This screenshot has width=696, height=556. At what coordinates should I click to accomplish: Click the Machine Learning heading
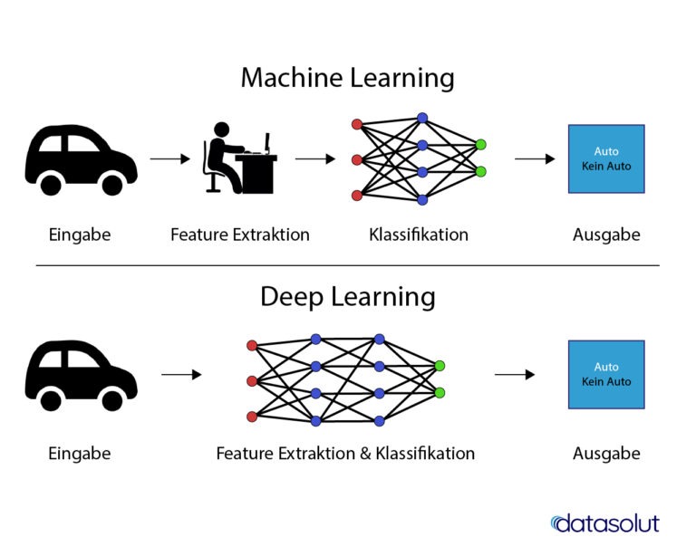click(x=347, y=78)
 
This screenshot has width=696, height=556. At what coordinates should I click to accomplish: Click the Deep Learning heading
click(x=347, y=297)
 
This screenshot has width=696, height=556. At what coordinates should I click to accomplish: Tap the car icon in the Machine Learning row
click(x=81, y=160)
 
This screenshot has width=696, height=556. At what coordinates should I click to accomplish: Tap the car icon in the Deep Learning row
click(x=81, y=377)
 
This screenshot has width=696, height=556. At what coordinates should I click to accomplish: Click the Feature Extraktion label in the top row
click(x=240, y=235)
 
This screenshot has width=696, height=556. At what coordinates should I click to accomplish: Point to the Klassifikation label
click(x=419, y=235)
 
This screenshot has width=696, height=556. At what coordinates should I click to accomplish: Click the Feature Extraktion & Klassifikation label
click(x=345, y=453)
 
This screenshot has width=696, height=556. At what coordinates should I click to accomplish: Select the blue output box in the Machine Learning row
click(x=606, y=158)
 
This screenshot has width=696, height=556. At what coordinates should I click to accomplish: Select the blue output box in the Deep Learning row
click(x=606, y=374)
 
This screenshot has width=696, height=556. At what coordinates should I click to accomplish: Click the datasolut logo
click(x=604, y=523)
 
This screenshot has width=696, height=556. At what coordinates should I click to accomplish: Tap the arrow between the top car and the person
click(x=169, y=159)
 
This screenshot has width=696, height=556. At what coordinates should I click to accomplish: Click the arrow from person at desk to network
click(x=315, y=159)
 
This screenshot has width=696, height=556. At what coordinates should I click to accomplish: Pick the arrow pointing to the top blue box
click(x=535, y=159)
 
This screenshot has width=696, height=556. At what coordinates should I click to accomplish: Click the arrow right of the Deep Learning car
click(x=181, y=374)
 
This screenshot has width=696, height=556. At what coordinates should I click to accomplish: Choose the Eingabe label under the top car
click(x=80, y=235)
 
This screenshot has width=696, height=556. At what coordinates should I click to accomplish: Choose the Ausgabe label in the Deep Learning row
click(x=606, y=453)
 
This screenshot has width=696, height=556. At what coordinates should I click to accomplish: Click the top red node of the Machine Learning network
click(x=357, y=124)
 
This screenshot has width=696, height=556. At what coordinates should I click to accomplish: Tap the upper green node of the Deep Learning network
click(x=440, y=366)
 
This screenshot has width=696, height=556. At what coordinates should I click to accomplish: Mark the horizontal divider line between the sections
click(x=347, y=265)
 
